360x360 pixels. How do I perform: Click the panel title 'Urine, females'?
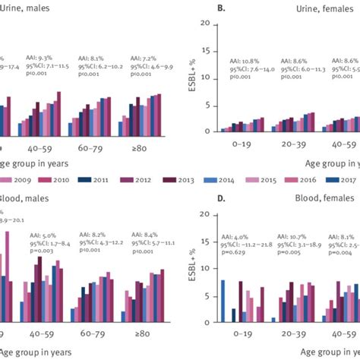pyautogui.click(x=311, y=8)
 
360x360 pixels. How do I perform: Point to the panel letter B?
pyautogui.click(x=200, y=8)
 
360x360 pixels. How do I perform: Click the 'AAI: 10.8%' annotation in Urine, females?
pyautogui.click(x=245, y=59)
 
